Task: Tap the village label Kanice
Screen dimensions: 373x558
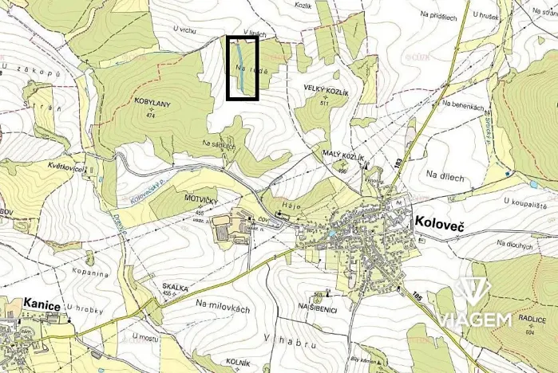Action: tap(42, 304)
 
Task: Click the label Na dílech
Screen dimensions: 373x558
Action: tap(445, 176)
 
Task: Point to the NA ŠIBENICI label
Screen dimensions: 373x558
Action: tap(318, 306)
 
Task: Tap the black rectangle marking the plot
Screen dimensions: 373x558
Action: tap(243, 69)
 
